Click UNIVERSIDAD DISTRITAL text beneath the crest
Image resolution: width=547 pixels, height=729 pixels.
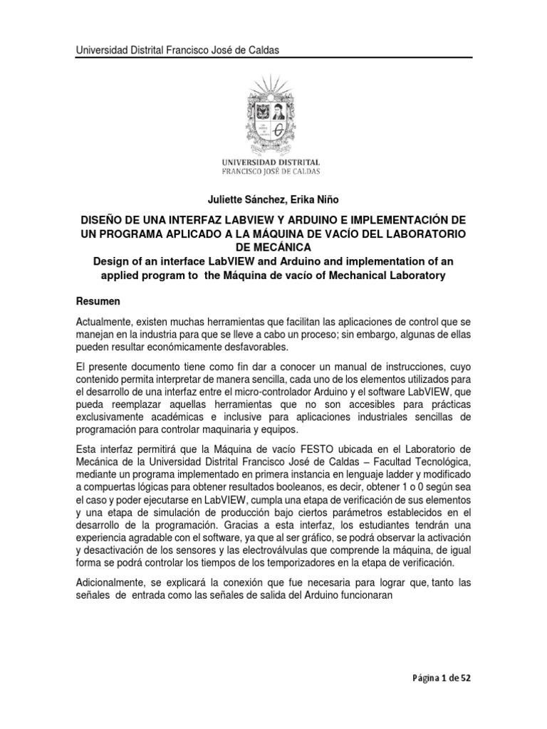pos(273,162)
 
